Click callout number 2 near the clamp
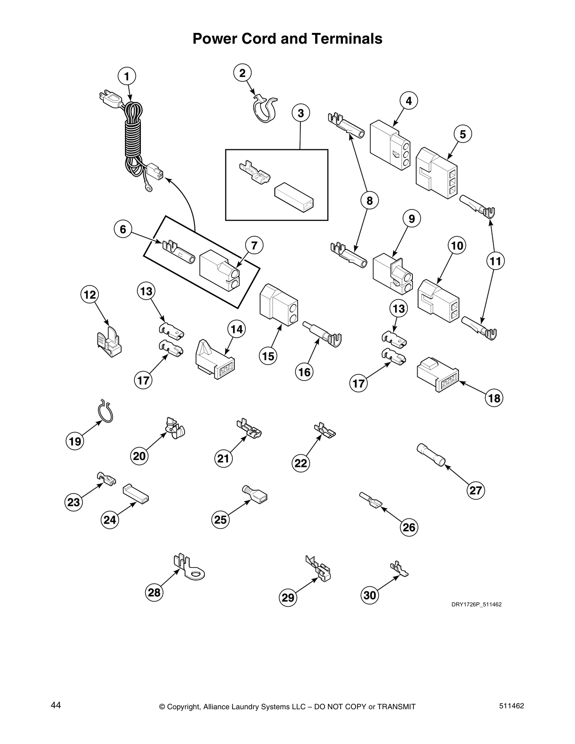(x=242, y=73)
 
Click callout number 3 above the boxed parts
(x=301, y=113)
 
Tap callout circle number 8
(x=369, y=201)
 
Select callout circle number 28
(x=154, y=593)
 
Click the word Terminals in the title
(x=348, y=39)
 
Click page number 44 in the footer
(x=56, y=705)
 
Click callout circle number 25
(x=220, y=520)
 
